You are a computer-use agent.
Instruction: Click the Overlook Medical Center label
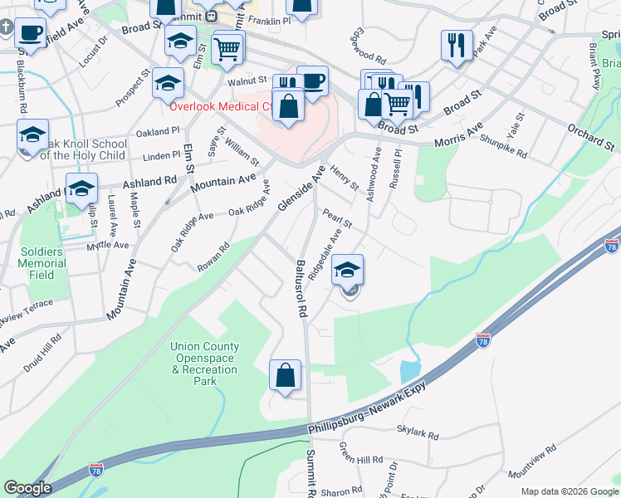pos(219,106)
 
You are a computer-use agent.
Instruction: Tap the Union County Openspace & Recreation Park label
pos(204,364)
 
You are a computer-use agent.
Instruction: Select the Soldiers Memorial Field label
pos(41,262)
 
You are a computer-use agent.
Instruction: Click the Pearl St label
pos(338,218)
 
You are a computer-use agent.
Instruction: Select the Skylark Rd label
pos(417,433)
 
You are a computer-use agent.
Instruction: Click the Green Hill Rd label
pos(360,452)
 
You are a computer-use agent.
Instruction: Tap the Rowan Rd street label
pos(213,256)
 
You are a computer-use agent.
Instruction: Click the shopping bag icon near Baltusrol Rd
pos(285,375)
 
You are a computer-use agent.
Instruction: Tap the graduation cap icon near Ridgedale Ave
pos(348,269)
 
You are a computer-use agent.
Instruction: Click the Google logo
pos(27,488)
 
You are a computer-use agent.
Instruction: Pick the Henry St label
pos(344,177)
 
